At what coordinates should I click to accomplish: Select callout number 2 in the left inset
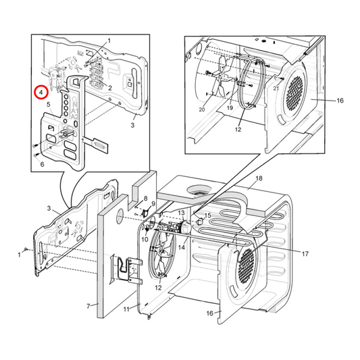click(x=109, y=88)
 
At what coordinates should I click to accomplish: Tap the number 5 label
click(x=48, y=105)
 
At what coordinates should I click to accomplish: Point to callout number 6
click(x=41, y=163)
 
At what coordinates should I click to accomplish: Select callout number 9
click(x=153, y=204)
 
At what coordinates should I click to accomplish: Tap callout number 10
click(x=144, y=239)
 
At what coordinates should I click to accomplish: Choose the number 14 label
click(x=181, y=248)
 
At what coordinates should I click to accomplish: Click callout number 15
click(x=207, y=215)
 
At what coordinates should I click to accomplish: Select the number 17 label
click(x=305, y=255)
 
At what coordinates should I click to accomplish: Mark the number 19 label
click(x=230, y=108)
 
